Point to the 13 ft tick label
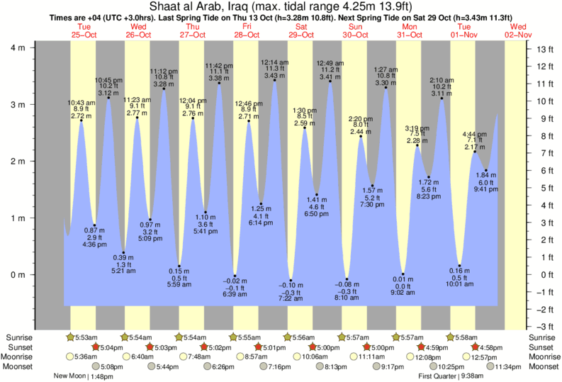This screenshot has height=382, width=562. (x=546, y=50)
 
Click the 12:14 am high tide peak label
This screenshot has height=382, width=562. (x=274, y=67)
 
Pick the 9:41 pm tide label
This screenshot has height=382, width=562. (x=487, y=190)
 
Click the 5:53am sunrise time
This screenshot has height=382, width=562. (x=87, y=337)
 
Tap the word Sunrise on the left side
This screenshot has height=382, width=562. (x=21, y=337)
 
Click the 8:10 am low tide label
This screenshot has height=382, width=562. (x=347, y=299)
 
